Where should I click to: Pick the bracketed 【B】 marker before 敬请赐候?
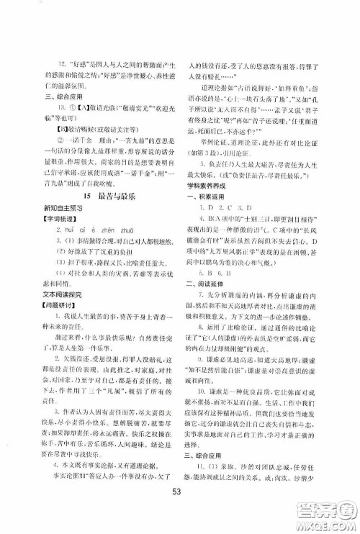click(62, 132)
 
